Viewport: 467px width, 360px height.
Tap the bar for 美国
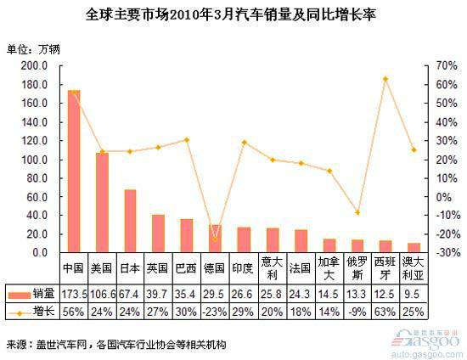point(102,202)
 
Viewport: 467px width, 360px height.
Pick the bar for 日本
point(131,221)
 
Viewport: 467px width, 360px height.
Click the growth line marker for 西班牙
point(385,79)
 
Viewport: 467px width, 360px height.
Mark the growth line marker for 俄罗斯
point(357,212)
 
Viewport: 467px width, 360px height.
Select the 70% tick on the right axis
point(422,66)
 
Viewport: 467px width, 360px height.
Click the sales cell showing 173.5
point(74,294)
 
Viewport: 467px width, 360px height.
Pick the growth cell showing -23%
point(216,311)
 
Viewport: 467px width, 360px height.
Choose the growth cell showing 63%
point(385,311)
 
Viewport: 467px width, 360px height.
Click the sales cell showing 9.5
point(414,294)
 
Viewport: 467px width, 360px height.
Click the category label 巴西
point(187,269)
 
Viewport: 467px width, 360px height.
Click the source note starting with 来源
point(119,345)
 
